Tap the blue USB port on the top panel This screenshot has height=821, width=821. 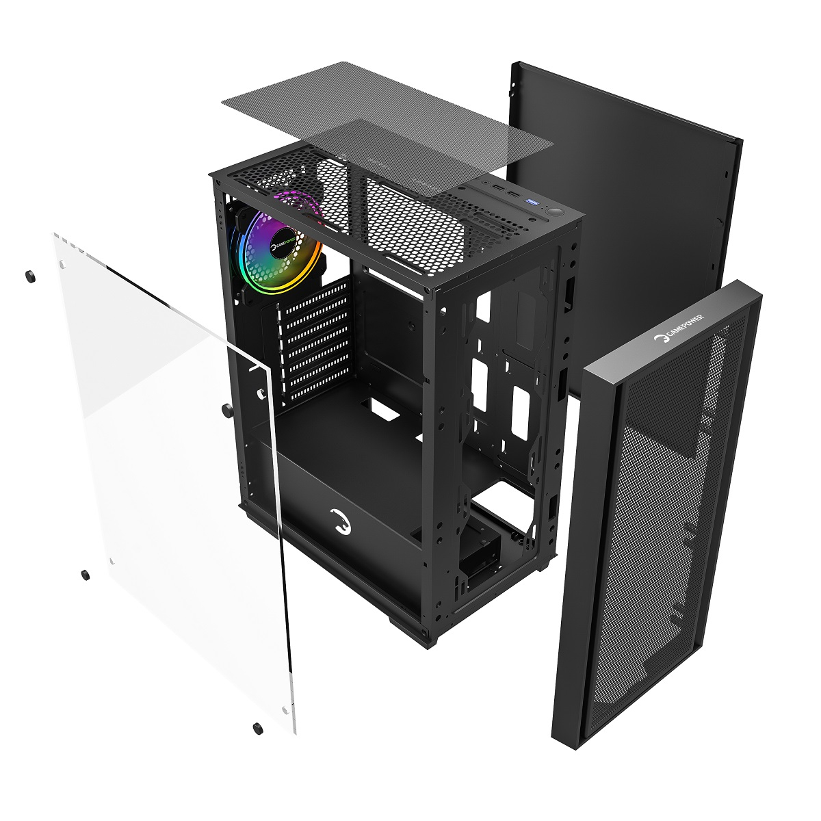[x=534, y=200]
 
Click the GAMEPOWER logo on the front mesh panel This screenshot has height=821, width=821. [x=679, y=328]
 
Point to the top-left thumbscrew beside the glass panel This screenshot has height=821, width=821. [x=30, y=276]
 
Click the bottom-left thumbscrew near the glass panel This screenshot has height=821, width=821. [x=86, y=575]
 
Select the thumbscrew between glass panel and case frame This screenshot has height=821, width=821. [x=227, y=410]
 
